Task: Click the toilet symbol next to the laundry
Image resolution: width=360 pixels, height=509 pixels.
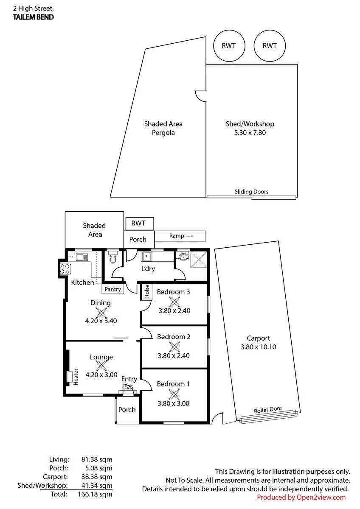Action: tap(113, 257)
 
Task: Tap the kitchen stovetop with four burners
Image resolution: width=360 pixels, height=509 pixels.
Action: tap(65, 268)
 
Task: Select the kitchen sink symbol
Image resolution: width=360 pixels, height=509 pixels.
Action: tap(82, 257)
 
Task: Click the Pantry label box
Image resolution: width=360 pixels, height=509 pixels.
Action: tap(113, 289)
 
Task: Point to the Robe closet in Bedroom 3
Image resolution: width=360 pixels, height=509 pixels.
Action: tap(147, 291)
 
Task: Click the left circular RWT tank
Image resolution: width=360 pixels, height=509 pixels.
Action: tap(229, 46)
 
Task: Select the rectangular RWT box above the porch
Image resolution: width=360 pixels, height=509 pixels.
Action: tap(140, 224)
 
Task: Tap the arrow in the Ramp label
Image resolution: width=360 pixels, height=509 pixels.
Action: tap(189, 236)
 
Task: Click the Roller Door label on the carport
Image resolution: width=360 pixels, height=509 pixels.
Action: tap(268, 409)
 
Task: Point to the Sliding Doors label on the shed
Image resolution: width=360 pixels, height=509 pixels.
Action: tap(251, 192)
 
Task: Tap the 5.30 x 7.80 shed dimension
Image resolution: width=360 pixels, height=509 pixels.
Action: tap(250, 132)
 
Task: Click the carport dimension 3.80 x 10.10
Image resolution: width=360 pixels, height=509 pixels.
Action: tap(259, 347)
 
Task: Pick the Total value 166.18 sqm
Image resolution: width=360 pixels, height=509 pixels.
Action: tap(95, 494)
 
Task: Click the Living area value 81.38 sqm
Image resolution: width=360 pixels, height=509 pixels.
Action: tap(97, 459)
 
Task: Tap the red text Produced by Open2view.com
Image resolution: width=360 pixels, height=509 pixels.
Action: tap(301, 497)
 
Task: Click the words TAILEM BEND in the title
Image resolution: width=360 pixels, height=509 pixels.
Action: tap(33, 17)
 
